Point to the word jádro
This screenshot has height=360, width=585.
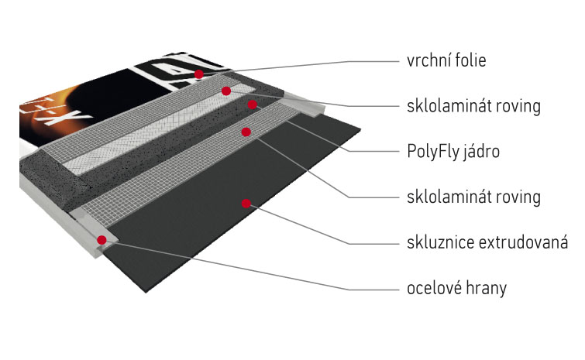tap(482, 151)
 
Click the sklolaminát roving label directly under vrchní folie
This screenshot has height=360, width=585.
tap(473, 105)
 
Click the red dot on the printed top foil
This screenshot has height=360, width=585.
tap(199, 74)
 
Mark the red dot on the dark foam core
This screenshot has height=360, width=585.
tap(252, 104)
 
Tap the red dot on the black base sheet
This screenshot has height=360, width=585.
tap(246, 204)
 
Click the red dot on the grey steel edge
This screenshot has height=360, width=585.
tap(102, 240)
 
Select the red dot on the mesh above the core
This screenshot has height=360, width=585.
tap(225, 91)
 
